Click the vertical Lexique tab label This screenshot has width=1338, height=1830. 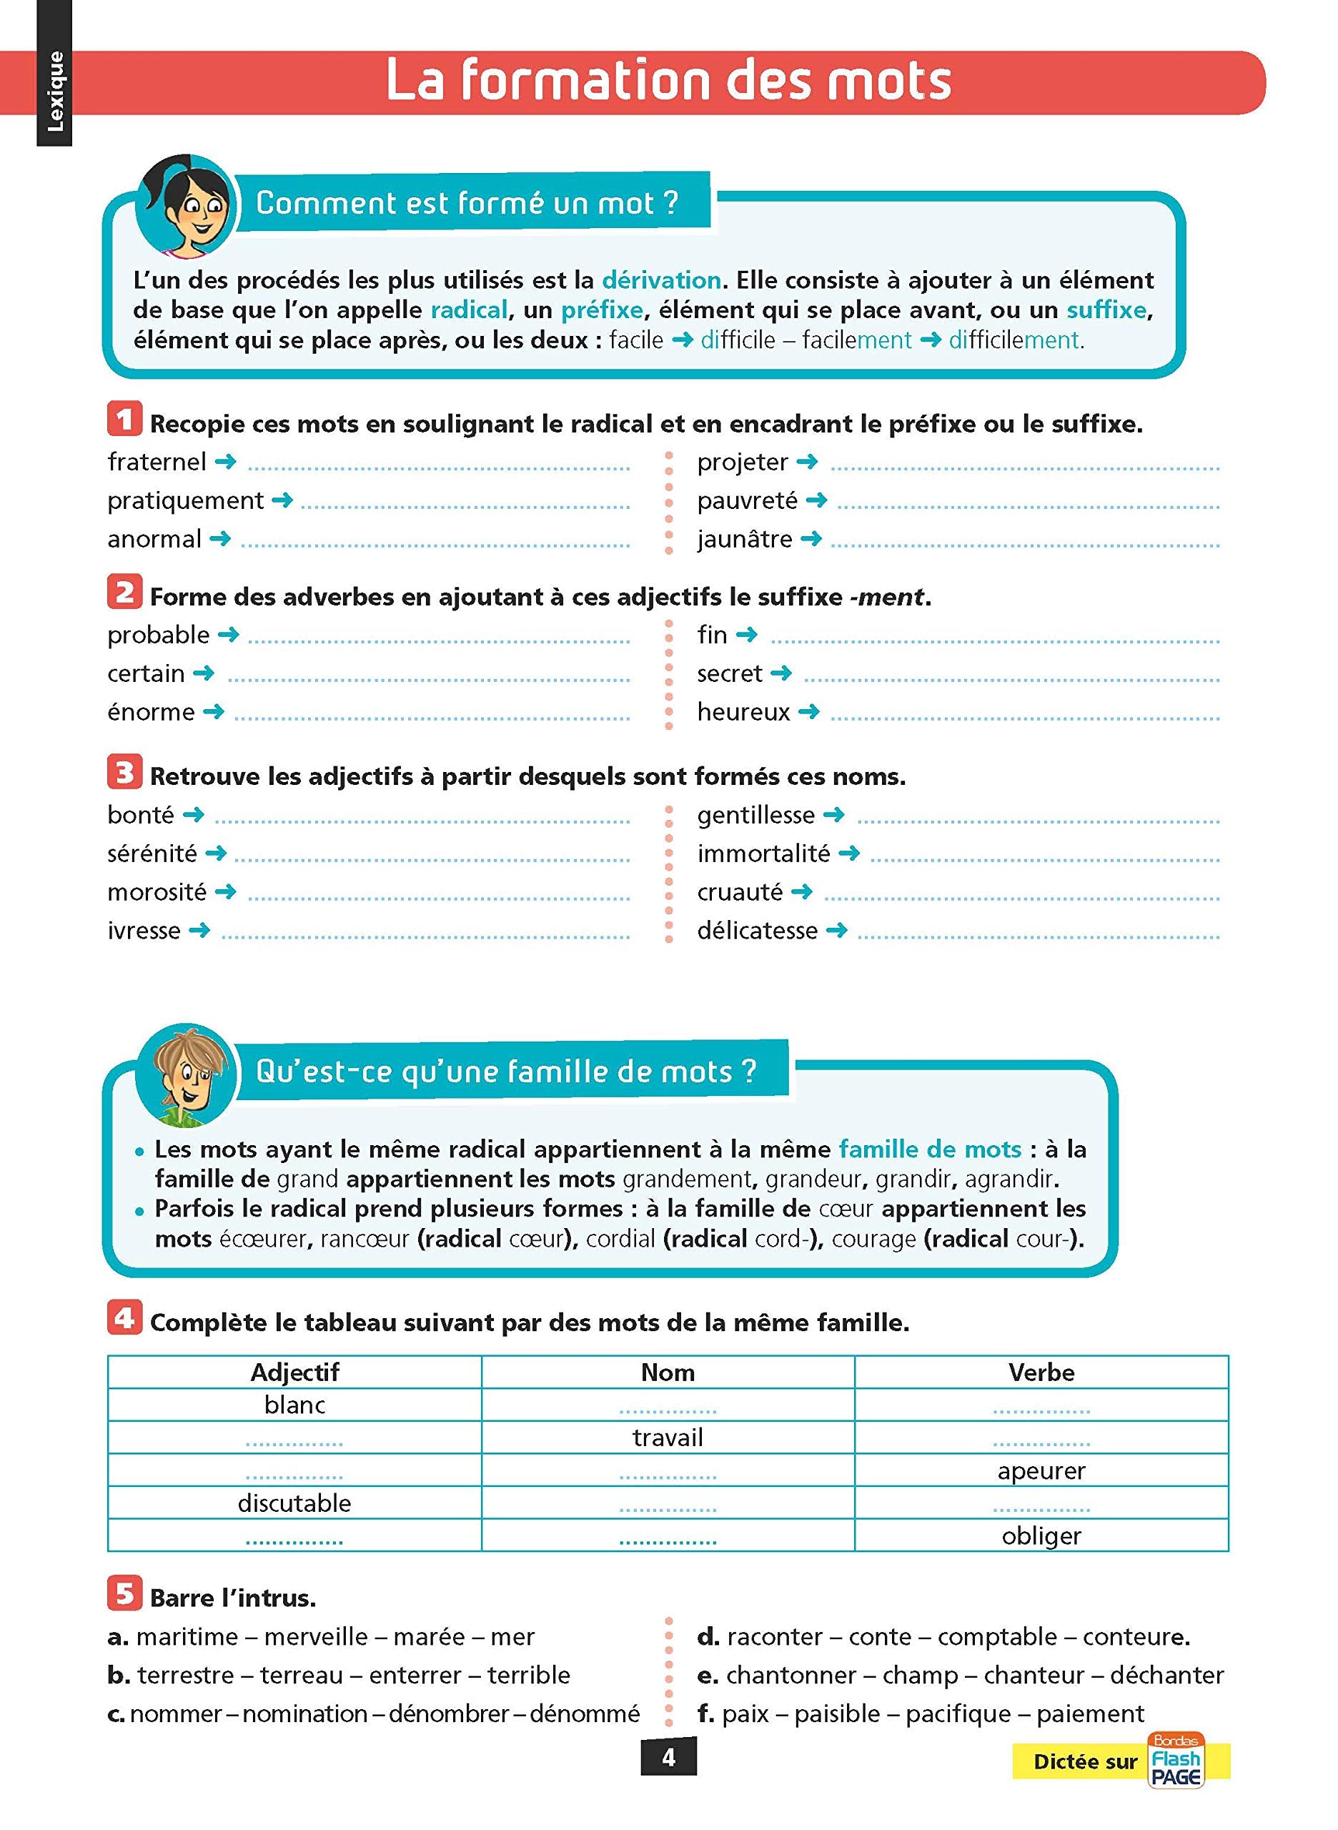(55, 91)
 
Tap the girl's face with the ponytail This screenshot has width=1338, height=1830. (191, 211)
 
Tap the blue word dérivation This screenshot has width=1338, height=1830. (661, 280)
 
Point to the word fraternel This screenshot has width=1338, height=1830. (157, 462)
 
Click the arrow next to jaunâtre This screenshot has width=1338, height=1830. (811, 538)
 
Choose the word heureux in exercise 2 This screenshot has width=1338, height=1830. (743, 712)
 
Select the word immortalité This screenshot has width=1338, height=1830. (763, 853)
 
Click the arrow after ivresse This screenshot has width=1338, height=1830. (199, 930)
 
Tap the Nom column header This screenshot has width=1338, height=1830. (668, 1372)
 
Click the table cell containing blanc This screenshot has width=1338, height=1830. (294, 1405)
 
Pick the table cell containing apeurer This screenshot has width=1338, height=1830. (1041, 1470)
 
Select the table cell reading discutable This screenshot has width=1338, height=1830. (294, 1503)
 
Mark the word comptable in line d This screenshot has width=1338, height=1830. (997, 1636)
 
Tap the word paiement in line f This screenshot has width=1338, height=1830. (1090, 1713)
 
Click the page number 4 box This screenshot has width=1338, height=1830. (668, 1757)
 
